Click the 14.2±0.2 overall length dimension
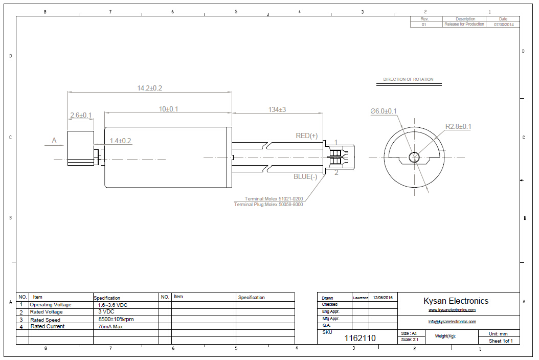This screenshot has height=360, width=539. click(x=149, y=88)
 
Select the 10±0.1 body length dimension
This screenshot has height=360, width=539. click(x=168, y=109)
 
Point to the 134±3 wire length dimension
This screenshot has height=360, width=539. click(x=277, y=109)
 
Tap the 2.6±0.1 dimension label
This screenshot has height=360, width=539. click(x=81, y=116)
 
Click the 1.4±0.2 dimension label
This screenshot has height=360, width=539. click(x=120, y=141)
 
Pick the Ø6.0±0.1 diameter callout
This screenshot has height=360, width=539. click(x=384, y=111)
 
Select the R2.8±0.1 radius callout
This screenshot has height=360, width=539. click(x=458, y=126)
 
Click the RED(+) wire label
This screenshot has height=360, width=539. click(x=307, y=136)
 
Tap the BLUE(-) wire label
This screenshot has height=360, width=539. click(x=305, y=176)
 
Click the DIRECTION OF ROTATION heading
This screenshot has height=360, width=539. click(x=408, y=79)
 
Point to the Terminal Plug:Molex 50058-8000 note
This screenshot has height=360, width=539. click(x=268, y=205)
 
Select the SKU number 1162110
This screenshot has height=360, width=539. click(x=360, y=338)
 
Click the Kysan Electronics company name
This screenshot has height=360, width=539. click(x=456, y=301)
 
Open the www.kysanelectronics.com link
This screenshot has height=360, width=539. click(x=452, y=310)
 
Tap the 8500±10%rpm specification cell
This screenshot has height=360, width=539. click(x=116, y=320)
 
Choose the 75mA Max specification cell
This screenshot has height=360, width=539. click(x=110, y=326)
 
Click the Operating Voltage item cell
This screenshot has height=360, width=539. click(x=51, y=305)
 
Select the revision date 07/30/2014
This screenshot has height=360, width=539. click(x=503, y=25)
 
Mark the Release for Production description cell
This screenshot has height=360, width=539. click(x=464, y=25)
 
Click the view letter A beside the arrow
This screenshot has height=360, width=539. click(x=54, y=140)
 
